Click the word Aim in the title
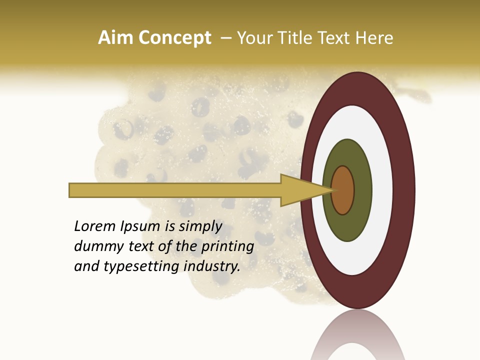tap(115, 38)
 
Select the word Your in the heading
tap(253, 38)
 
